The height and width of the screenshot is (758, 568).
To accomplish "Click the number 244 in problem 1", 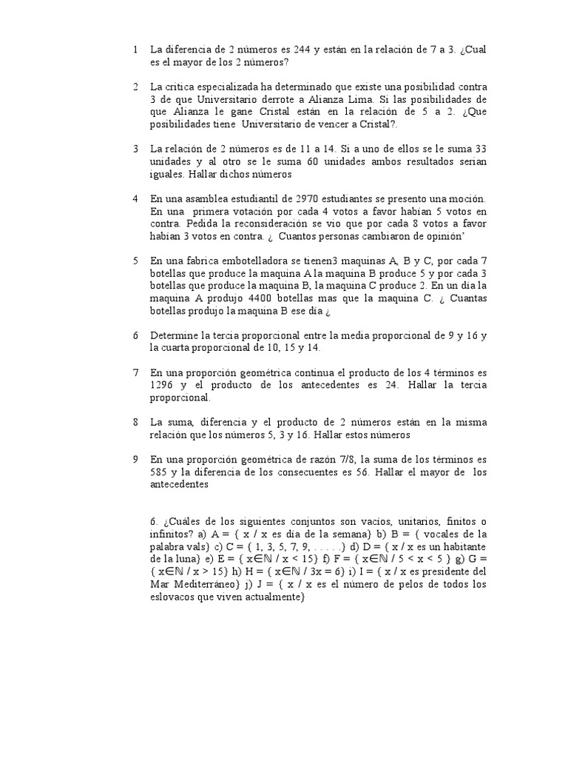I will point(303,50).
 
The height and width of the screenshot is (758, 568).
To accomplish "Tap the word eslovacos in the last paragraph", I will point(174,597).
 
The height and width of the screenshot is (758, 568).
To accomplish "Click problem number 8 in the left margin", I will point(136,423).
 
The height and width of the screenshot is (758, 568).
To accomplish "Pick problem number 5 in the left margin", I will point(136,261).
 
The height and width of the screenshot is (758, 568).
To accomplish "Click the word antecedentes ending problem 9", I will point(180,485).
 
